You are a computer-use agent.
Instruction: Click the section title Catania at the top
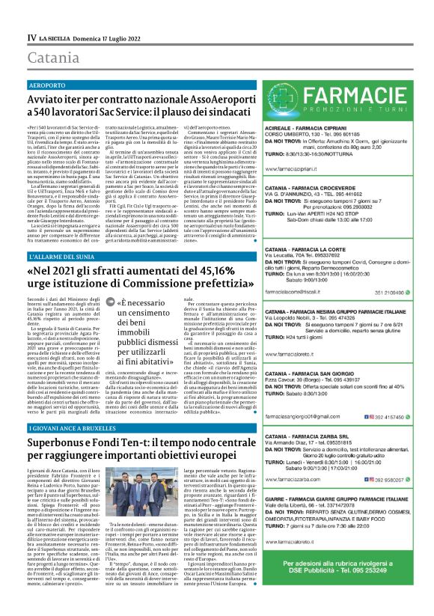point(51,58)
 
